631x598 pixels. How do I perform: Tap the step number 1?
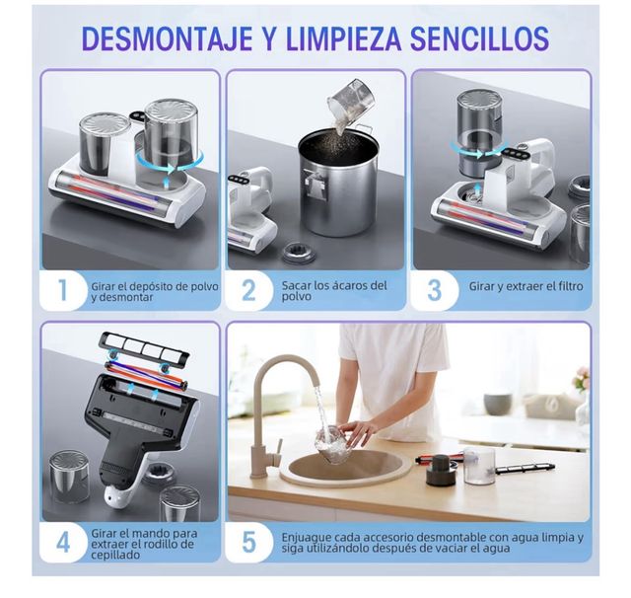pyautogui.click(x=63, y=290)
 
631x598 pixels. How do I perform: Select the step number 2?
pyautogui.click(x=249, y=290)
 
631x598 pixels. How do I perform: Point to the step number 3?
pyautogui.click(x=435, y=290)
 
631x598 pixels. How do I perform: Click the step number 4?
pyautogui.click(x=63, y=542)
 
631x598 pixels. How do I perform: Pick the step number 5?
pyautogui.click(x=249, y=542)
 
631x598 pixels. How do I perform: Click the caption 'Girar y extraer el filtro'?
pyautogui.click(x=526, y=286)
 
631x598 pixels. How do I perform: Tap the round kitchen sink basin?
pyautogui.click(x=340, y=467)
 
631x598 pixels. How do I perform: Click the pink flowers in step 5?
pyautogui.click(x=581, y=380)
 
